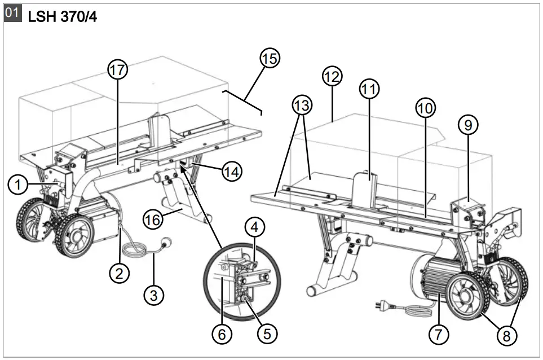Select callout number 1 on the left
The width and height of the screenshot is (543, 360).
[x=18, y=184]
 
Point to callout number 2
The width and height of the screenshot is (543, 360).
[x=119, y=274]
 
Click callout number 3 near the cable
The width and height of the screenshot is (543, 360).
[x=153, y=293]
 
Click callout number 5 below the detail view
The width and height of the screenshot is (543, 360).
[x=267, y=333]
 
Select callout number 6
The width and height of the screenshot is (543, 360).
[x=222, y=334]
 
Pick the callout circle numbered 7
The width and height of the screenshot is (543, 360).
[x=438, y=334]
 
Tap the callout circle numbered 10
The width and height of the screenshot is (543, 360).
[x=426, y=107]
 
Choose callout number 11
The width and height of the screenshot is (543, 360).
[x=370, y=89]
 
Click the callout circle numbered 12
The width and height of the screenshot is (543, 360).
[x=332, y=76]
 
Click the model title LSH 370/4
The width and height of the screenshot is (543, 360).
[x=62, y=17]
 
